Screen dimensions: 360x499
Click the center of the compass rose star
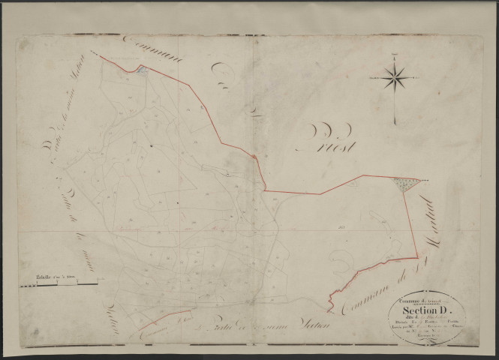click(x=396, y=77)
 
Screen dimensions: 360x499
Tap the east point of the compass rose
click(x=409, y=77)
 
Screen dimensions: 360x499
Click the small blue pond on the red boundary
click(x=141, y=70)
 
